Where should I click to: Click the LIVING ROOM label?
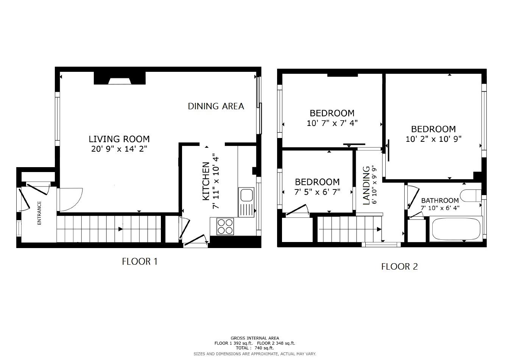(x=119, y=139)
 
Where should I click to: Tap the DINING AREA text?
(x=216, y=106)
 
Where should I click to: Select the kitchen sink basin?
(x=246, y=195)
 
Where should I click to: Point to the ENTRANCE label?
(x=39, y=213)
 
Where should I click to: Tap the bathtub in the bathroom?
(x=456, y=229)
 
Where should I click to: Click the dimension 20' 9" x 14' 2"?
(x=119, y=149)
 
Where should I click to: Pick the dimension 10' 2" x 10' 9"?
(x=433, y=139)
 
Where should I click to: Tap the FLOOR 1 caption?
(x=139, y=261)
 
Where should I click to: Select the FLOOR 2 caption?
(x=399, y=267)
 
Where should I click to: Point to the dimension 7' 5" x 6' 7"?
(x=317, y=192)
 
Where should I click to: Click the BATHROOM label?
(x=440, y=200)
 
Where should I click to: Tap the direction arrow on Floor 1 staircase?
(x=120, y=229)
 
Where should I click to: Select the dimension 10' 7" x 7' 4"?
(x=332, y=123)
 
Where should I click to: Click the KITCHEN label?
(x=206, y=181)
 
